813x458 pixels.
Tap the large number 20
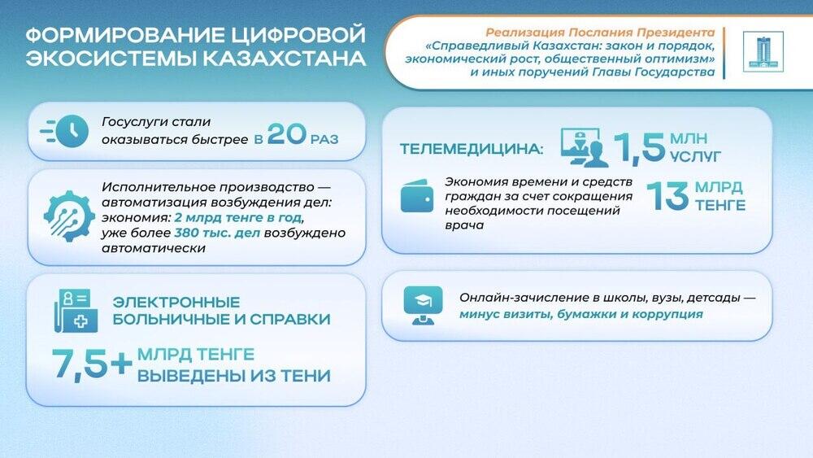[x=286, y=134]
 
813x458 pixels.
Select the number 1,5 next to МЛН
[x=638, y=146]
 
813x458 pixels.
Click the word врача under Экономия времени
[x=464, y=225]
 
